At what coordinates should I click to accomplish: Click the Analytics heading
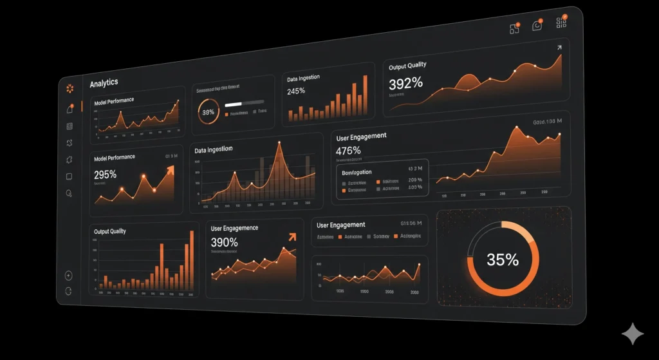[104, 84]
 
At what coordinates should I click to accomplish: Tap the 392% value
[405, 83]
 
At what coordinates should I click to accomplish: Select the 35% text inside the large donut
[503, 260]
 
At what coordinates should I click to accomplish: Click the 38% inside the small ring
[209, 112]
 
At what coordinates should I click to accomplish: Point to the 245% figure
[296, 91]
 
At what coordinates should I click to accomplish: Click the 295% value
[105, 175]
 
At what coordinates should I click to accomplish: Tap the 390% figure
[224, 243]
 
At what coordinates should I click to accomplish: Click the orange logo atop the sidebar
[70, 88]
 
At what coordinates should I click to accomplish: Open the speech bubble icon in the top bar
[537, 26]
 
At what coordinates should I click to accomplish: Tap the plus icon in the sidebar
[69, 276]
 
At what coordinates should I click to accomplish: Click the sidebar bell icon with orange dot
[70, 109]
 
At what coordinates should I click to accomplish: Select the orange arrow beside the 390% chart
[292, 236]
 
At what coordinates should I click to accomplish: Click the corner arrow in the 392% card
[559, 48]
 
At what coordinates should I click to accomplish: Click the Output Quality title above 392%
[407, 66]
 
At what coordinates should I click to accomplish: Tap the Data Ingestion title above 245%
[303, 79]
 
